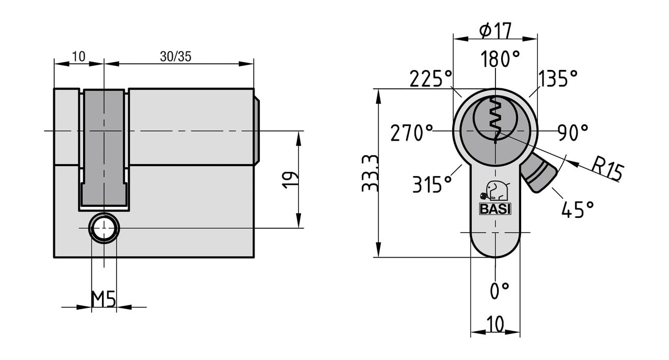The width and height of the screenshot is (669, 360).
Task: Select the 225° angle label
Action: [430, 78]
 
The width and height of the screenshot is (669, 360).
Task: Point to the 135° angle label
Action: [558, 78]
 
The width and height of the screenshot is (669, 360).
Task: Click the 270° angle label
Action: [411, 133]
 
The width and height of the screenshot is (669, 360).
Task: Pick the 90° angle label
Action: [573, 133]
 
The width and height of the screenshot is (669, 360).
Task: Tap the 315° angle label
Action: [432, 184]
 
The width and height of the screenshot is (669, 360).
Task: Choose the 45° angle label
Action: [578, 209]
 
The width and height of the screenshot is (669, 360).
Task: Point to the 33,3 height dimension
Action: [370, 173]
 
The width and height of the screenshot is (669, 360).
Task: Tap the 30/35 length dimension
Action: [176, 56]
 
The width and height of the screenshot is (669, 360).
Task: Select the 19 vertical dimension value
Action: [290, 180]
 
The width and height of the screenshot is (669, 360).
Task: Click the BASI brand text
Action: [495, 209]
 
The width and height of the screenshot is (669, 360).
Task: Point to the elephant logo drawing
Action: [494, 191]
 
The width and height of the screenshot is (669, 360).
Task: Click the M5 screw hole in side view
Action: [104, 228]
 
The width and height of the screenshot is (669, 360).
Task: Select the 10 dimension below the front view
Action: [495, 323]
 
